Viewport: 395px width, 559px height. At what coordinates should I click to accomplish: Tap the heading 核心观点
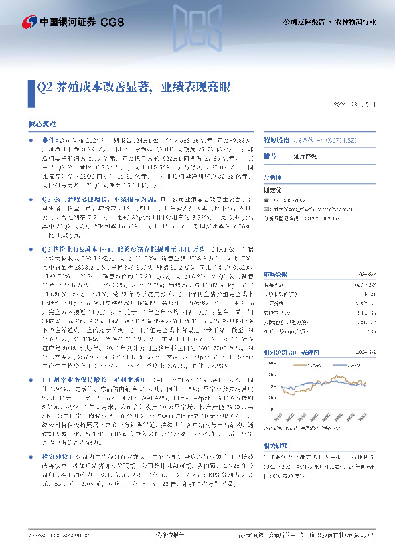click(42, 124)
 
